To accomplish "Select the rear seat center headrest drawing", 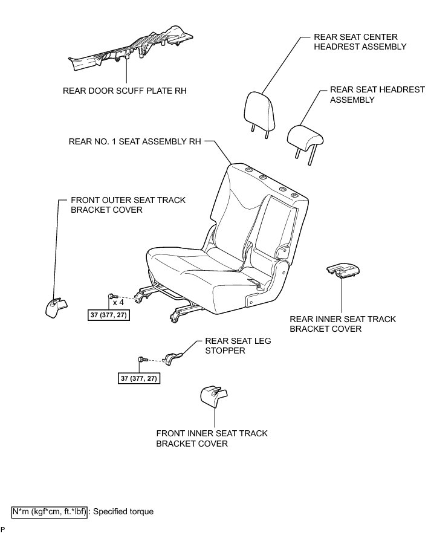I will pyautogui.click(x=260, y=109).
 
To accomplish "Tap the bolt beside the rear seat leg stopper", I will pyautogui.click(x=143, y=361).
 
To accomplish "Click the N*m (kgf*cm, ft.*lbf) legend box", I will pyautogui.click(x=50, y=511).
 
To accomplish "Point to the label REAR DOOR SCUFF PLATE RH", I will pyautogui.click(x=125, y=91).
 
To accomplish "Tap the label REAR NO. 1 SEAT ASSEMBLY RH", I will pyautogui.click(x=134, y=142).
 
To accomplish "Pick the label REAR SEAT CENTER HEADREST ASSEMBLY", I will pyautogui.click(x=360, y=41).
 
